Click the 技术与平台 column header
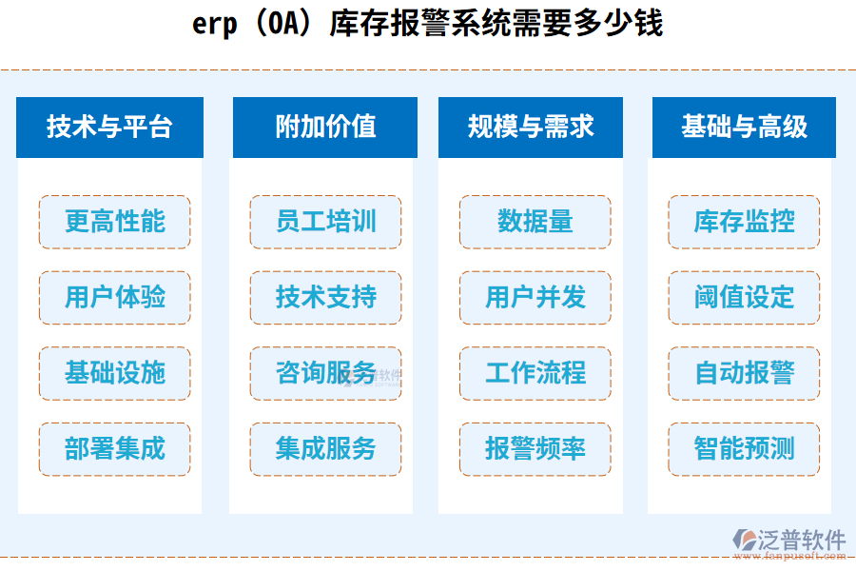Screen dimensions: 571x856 [x=109, y=127]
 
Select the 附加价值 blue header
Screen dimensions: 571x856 [x=324, y=127]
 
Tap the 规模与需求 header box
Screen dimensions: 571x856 [x=531, y=127]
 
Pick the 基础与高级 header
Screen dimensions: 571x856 [x=744, y=127]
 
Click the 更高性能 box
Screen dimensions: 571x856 [x=115, y=222]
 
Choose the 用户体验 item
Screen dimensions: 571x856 [x=115, y=297]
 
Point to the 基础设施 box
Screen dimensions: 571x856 [x=115, y=373]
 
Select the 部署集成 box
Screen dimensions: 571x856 [x=115, y=449]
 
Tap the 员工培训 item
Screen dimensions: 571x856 [x=325, y=222]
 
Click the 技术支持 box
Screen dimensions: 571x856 [x=325, y=297]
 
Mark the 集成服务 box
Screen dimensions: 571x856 [x=325, y=449]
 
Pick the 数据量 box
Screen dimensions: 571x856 [x=535, y=222]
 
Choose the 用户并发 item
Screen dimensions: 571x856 [x=535, y=297]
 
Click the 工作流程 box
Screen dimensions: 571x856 [x=535, y=373]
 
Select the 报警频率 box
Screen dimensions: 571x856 [x=535, y=449]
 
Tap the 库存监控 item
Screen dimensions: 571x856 [x=744, y=222]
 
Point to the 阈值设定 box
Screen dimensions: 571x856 [x=744, y=297]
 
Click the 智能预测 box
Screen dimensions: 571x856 [x=744, y=449]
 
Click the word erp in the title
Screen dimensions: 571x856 [x=214, y=25]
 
